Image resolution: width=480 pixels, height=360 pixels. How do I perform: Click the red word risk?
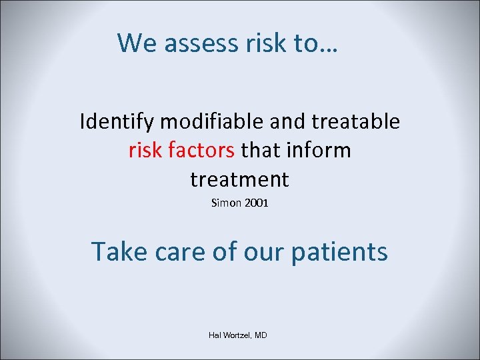(145, 151)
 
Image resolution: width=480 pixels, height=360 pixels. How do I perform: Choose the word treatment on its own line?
(239, 179)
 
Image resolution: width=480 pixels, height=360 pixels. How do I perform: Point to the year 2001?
(256, 203)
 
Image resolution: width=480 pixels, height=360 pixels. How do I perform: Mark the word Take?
(119, 252)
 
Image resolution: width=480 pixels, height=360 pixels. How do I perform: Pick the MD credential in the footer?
(261, 335)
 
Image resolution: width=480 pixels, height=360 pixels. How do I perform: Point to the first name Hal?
(215, 335)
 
